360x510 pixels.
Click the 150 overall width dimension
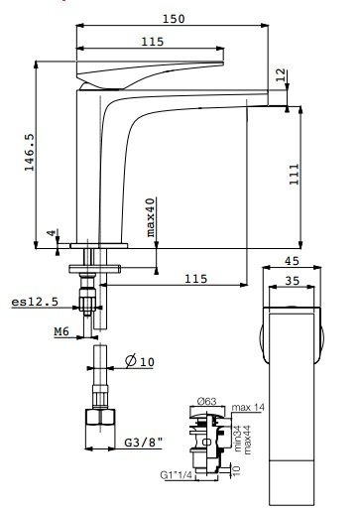tap(174, 19)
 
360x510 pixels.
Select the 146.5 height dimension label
tap(29, 153)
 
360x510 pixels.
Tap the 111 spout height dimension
tap(294, 175)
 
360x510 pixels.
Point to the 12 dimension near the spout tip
tap(281, 75)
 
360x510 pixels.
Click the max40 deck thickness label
tap(150, 217)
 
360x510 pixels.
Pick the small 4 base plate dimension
tap(51, 233)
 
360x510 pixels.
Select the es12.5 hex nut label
tap(35, 302)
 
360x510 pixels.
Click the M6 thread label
tap(61, 331)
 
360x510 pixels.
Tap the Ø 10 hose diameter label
tap(140, 360)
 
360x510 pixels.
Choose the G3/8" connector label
tap(144, 443)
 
